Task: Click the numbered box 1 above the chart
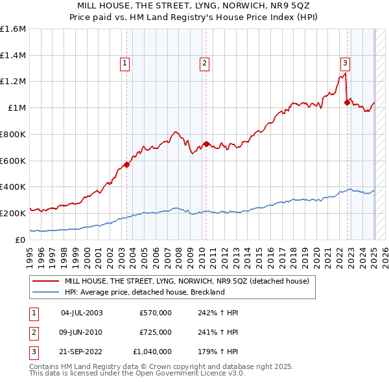click(124, 63)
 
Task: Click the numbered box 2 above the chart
click(204, 63)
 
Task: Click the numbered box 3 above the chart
click(345, 63)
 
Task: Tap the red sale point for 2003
click(126, 164)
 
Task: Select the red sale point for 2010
click(206, 144)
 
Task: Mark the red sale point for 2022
click(348, 102)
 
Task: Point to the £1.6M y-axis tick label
click(13, 29)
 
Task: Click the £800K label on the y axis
click(13, 134)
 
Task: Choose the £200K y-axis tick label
click(13, 213)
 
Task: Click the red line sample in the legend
click(45, 281)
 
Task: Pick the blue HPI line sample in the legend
click(45, 292)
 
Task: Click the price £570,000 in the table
click(155, 313)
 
